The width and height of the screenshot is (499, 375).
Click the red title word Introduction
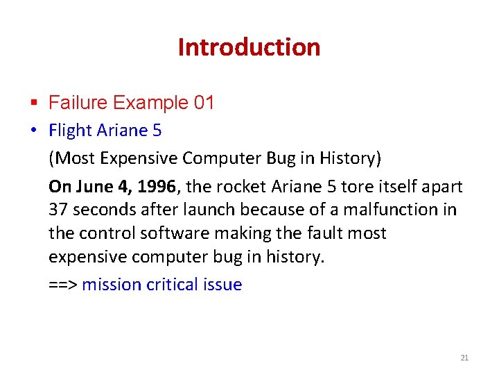tap(249, 47)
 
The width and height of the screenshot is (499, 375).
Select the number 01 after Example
tap(204, 103)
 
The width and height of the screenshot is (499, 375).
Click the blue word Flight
tap(70, 131)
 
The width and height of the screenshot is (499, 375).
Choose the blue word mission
tap(112, 285)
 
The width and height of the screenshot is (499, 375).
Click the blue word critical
tap(173, 285)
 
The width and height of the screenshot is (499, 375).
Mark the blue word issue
tap(222, 285)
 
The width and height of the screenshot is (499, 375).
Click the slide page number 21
tap(464, 358)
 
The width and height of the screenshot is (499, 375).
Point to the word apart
tap(441, 187)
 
